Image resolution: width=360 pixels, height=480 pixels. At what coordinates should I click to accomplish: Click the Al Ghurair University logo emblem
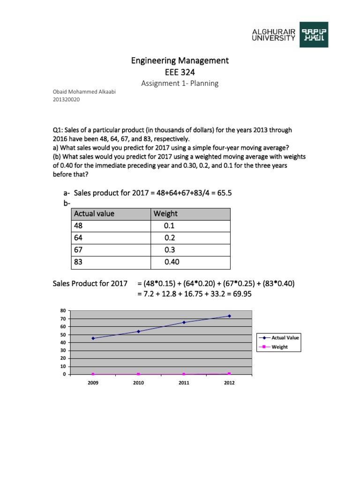pyautogui.click(x=314, y=34)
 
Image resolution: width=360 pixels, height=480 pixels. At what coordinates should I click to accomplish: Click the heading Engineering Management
pyautogui.click(x=180, y=60)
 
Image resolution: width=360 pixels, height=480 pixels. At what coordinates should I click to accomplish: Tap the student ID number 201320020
pyautogui.click(x=66, y=100)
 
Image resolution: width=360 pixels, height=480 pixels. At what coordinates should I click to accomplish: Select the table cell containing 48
pyautogui.click(x=78, y=226)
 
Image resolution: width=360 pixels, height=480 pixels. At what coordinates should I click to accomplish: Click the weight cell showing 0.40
pyautogui.click(x=171, y=262)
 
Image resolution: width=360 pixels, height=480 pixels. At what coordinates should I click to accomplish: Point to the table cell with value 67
pyautogui.click(x=78, y=250)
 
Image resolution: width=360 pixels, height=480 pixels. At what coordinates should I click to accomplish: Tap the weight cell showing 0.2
pyautogui.click(x=169, y=238)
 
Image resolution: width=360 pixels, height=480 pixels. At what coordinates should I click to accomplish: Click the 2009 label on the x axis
pyautogui.click(x=93, y=383)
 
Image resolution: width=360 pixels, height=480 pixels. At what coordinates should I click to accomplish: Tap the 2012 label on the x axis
pyautogui.click(x=229, y=383)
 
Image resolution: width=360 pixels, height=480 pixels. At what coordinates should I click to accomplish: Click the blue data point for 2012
pyautogui.click(x=229, y=316)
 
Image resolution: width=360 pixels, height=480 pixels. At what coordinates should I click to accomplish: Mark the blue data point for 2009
pyautogui.click(x=93, y=338)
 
